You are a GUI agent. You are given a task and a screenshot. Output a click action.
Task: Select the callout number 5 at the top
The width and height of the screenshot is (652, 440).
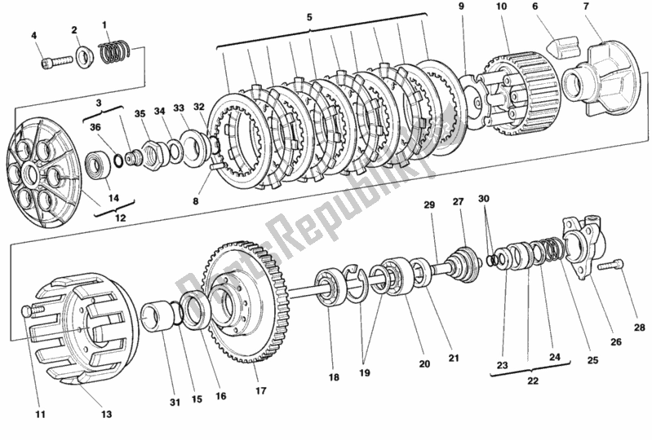[x=309, y=16]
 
